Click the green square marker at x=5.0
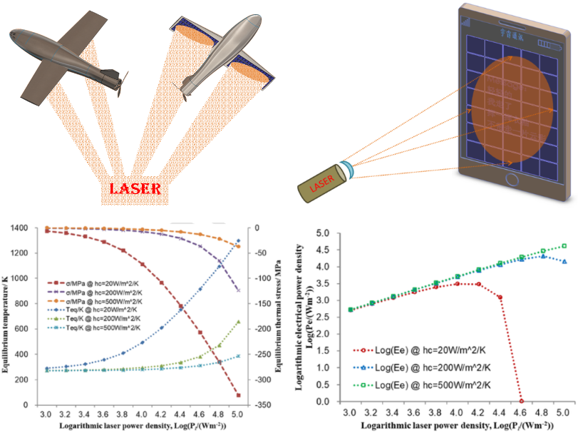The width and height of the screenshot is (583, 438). click(x=564, y=246)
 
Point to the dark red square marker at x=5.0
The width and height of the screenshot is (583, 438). click(x=238, y=395)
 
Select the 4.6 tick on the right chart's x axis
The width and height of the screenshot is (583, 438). click(x=521, y=414)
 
